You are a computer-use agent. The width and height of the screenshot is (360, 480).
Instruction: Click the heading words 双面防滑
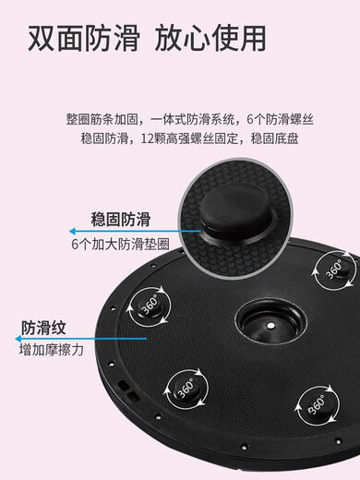82,39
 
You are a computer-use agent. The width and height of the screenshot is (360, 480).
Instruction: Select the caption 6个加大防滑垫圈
120,245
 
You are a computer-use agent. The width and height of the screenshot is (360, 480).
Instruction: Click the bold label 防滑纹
43,326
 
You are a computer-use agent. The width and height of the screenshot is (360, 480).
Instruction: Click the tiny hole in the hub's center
267,325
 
